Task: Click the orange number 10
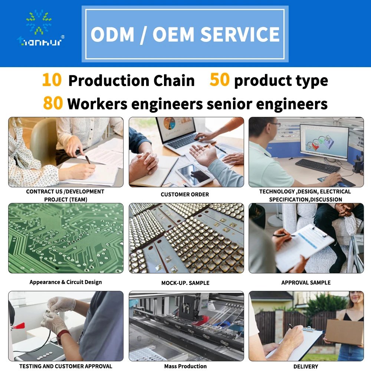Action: (x=52, y=80)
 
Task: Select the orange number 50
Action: (x=220, y=80)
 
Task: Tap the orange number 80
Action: (x=53, y=104)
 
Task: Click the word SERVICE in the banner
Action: (x=240, y=35)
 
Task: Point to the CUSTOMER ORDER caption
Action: (x=185, y=194)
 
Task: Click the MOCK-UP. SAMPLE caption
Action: (x=185, y=283)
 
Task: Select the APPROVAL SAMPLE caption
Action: (x=306, y=282)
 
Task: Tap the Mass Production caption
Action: (x=185, y=366)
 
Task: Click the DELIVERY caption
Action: (x=306, y=366)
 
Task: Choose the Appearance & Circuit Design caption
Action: (x=66, y=282)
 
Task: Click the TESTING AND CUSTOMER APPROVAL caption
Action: (x=66, y=366)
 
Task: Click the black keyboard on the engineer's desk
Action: (x=317, y=166)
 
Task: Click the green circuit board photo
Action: (x=66, y=238)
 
